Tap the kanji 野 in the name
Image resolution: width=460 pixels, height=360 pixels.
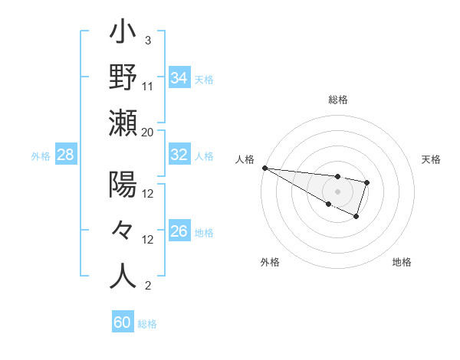click(x=123, y=77)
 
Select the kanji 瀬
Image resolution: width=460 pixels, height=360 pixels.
click(x=123, y=123)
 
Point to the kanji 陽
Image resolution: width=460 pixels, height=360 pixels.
click(x=123, y=185)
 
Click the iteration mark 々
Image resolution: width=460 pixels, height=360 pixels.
click(x=123, y=231)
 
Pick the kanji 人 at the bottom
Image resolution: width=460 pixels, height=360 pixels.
click(x=123, y=277)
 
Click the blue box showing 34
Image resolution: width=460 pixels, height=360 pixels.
click(x=179, y=77)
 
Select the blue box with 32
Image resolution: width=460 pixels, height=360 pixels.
click(x=179, y=155)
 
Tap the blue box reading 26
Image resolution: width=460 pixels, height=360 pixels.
click(x=179, y=231)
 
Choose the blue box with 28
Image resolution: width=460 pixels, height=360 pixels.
click(x=65, y=155)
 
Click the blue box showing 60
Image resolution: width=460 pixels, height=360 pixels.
click(x=122, y=322)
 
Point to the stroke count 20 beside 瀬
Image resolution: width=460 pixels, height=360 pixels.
click(x=148, y=132)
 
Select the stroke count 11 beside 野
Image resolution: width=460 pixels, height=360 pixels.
click(x=148, y=86)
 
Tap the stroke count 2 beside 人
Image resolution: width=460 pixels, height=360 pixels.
click(x=147, y=286)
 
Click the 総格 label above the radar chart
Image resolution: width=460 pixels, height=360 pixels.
click(x=338, y=100)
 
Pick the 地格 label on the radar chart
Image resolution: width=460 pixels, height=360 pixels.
click(x=402, y=262)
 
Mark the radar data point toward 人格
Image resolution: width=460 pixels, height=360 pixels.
click(x=264, y=168)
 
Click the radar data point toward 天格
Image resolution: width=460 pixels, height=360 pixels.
click(x=367, y=182)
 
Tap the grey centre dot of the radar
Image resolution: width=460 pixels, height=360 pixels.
click(x=338, y=191)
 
